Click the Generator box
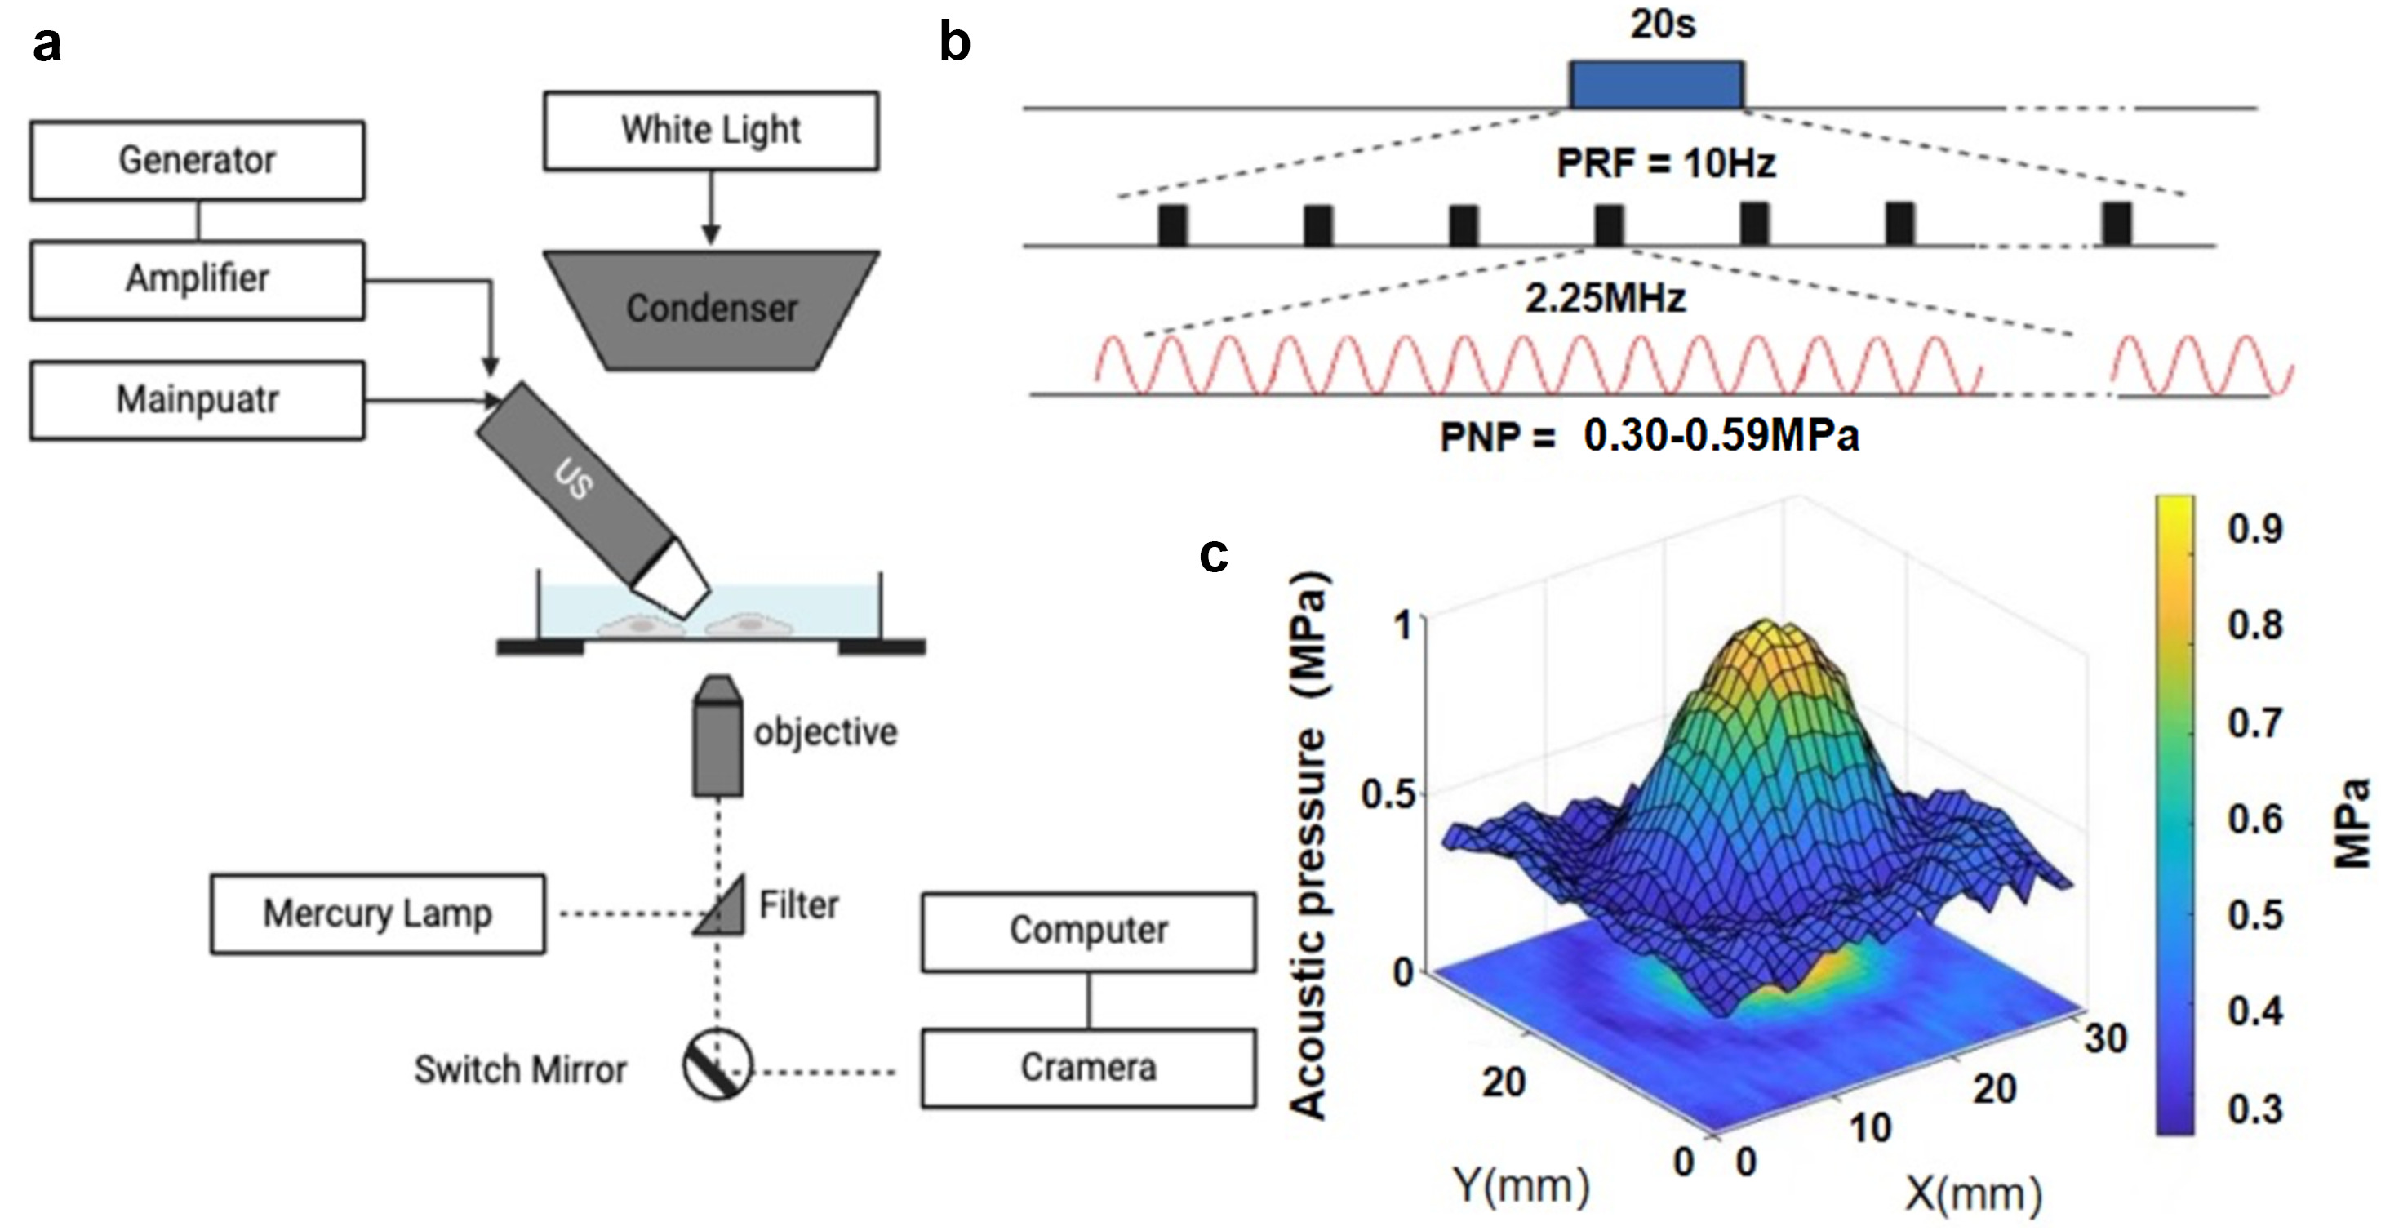[x=197, y=161]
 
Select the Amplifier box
[x=197, y=280]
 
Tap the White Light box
[x=711, y=131]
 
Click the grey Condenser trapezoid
[x=711, y=309]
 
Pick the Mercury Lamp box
[x=377, y=914]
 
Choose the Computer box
[x=1088, y=931]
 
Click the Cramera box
[x=1088, y=1069]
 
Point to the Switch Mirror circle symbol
[x=717, y=1064]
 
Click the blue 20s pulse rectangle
[x=1656, y=85]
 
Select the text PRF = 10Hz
[x=1666, y=163]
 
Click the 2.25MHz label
[x=1606, y=299]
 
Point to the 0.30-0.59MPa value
[x=1721, y=436]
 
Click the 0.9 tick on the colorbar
[x=2254, y=530]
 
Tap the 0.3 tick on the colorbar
[x=2254, y=1108]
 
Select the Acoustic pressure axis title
[x=1308, y=846]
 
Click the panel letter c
[x=1213, y=555]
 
